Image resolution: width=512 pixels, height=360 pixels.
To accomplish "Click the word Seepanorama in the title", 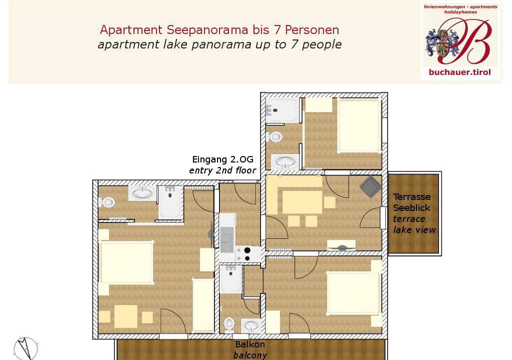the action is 207,30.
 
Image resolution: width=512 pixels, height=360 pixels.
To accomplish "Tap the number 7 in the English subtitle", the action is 293,44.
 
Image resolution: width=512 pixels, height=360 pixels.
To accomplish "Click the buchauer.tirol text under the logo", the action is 460,72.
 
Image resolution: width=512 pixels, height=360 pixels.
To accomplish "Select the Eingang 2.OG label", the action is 222,159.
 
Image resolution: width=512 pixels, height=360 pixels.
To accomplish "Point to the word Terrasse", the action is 412,197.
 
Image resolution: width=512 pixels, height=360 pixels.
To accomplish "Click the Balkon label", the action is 250,344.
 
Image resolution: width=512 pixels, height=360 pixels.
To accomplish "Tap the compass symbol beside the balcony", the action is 26,348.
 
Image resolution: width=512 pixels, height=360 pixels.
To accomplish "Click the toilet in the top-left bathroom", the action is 107,202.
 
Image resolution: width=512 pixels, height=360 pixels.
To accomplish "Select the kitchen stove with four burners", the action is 243,254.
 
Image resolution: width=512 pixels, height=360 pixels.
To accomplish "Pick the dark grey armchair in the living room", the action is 370,186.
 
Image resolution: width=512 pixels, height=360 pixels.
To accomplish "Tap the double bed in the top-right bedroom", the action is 359,125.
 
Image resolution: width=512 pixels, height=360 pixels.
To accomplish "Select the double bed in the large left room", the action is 126,262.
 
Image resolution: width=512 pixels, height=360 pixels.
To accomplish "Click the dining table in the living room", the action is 302,202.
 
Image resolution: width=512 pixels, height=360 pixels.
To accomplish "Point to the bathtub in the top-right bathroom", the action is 282,110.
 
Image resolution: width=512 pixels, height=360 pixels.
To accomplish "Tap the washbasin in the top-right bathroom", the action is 284,162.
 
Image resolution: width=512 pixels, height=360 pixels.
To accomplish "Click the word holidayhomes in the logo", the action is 460,12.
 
